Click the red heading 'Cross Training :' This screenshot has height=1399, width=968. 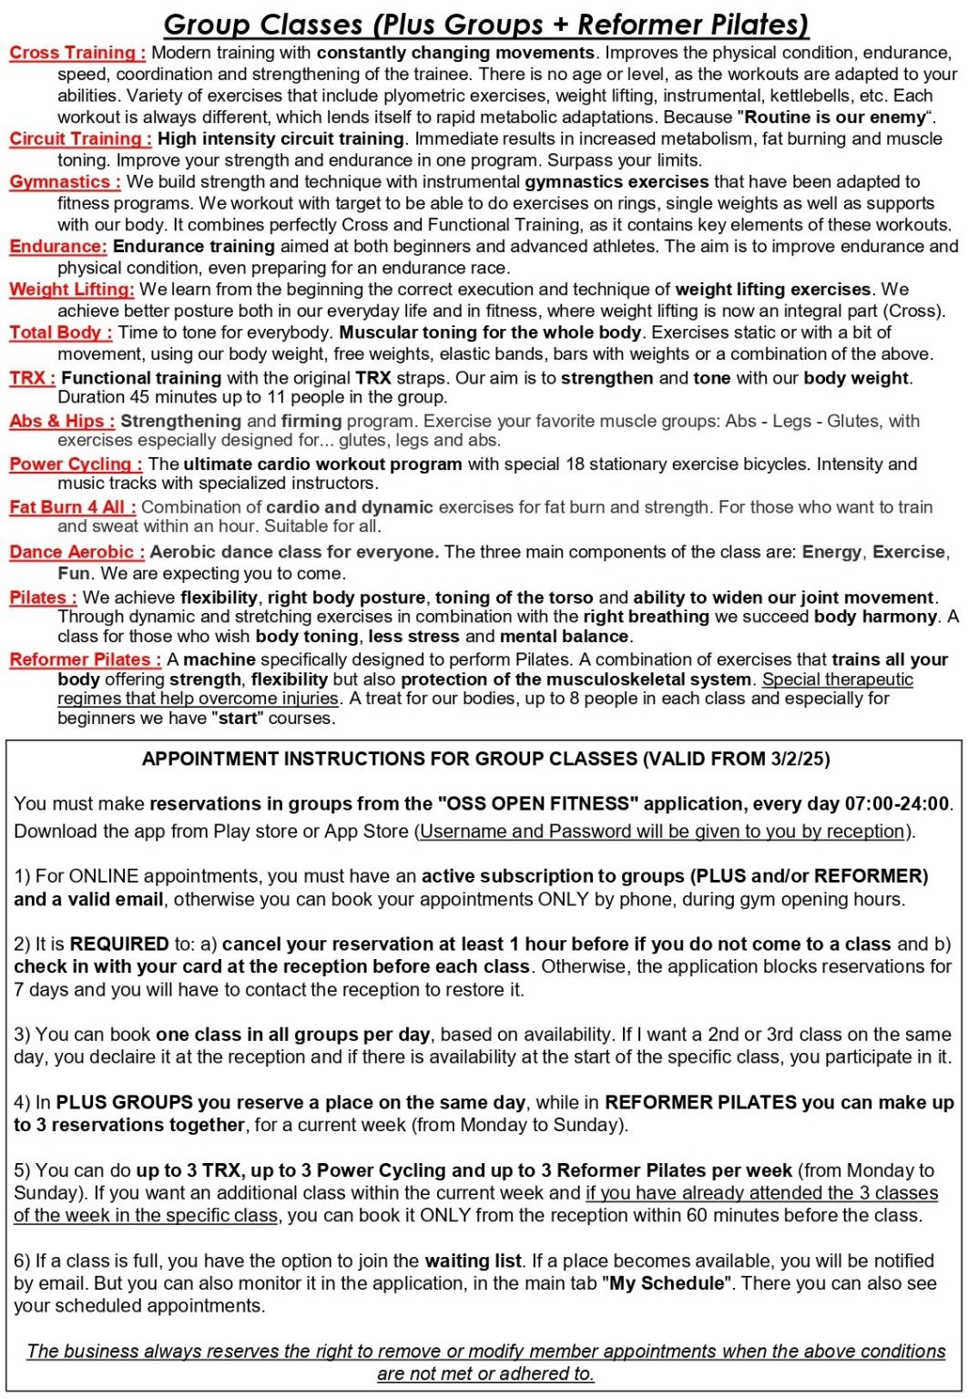pyautogui.click(x=77, y=53)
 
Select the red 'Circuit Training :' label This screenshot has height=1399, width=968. pyautogui.click(x=80, y=138)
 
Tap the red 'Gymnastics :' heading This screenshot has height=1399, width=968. pyautogui.click(x=65, y=181)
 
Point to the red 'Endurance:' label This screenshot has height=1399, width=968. pyautogui.click(x=58, y=246)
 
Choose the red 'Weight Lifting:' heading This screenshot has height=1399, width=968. pyautogui.click(x=72, y=289)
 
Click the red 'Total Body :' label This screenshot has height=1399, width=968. pyautogui.click(x=61, y=332)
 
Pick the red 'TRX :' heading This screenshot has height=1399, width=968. pyautogui.click(x=33, y=378)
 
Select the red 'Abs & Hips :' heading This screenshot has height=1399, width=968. pyautogui.click(x=62, y=421)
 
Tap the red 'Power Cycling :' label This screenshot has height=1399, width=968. pyautogui.click(x=76, y=464)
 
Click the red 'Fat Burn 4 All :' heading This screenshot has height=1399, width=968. pyautogui.click(x=73, y=507)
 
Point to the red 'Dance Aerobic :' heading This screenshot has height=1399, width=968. pyautogui.click(x=77, y=552)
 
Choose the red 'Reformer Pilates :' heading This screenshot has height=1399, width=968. pyautogui.click(x=86, y=659)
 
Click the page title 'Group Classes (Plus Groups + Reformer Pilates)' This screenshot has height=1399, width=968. pyautogui.click(x=486, y=24)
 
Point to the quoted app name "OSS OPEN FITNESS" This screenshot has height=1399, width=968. pyautogui.click(x=534, y=803)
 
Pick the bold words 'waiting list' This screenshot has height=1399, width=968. pyautogui.click(x=473, y=1261)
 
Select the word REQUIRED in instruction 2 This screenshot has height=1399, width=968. pyautogui.click(x=119, y=944)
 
